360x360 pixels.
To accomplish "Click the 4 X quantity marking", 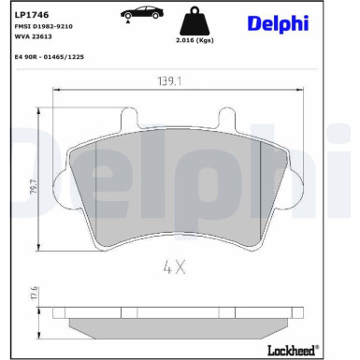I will click(x=175, y=266).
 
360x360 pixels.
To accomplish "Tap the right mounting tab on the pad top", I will click(x=224, y=120).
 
